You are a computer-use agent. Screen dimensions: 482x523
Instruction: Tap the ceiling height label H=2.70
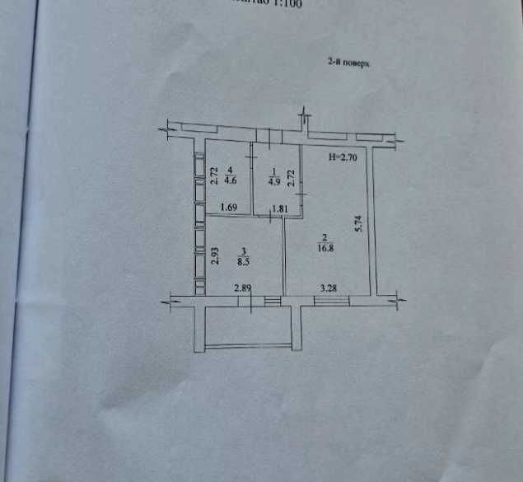click(x=342, y=156)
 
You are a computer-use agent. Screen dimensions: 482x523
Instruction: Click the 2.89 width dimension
click(x=242, y=288)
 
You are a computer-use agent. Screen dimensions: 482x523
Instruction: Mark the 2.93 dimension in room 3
click(x=213, y=255)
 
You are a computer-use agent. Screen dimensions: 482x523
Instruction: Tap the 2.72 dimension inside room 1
click(x=291, y=179)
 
